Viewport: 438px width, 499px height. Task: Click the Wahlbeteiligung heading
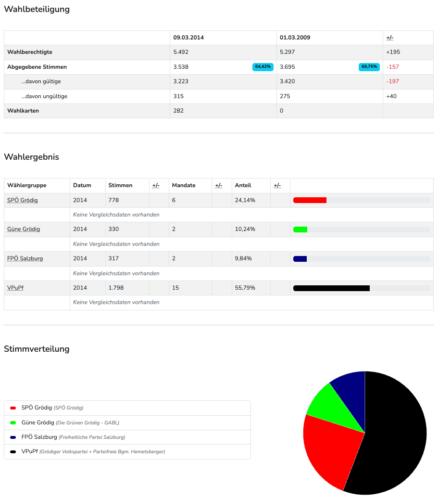pyautogui.click(x=37, y=9)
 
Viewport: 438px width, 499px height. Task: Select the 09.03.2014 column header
pyautogui.click(x=188, y=38)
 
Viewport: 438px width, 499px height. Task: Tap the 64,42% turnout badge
pyautogui.click(x=263, y=67)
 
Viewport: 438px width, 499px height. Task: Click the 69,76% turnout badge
pyautogui.click(x=369, y=67)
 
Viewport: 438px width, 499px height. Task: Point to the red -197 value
pyautogui.click(x=392, y=81)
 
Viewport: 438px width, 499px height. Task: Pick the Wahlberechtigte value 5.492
pyautogui.click(x=181, y=52)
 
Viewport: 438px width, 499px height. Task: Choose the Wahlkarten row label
pyautogui.click(x=23, y=111)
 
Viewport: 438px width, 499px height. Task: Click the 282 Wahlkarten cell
pyautogui.click(x=178, y=111)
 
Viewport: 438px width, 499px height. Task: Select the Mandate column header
pyautogui.click(x=184, y=185)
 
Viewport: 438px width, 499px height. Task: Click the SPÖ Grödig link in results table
pyautogui.click(x=23, y=200)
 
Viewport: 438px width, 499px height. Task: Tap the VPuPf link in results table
pyautogui.click(x=15, y=288)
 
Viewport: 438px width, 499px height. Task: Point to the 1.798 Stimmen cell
pyautogui.click(x=116, y=288)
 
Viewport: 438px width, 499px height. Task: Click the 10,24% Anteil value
pyautogui.click(x=245, y=229)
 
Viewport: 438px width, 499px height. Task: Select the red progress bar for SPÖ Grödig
pyautogui.click(x=310, y=200)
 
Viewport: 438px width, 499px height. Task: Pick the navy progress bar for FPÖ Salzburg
pyautogui.click(x=300, y=259)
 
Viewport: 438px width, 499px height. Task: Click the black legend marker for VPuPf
pyautogui.click(x=13, y=452)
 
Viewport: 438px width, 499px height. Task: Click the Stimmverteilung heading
pyautogui.click(x=37, y=349)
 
